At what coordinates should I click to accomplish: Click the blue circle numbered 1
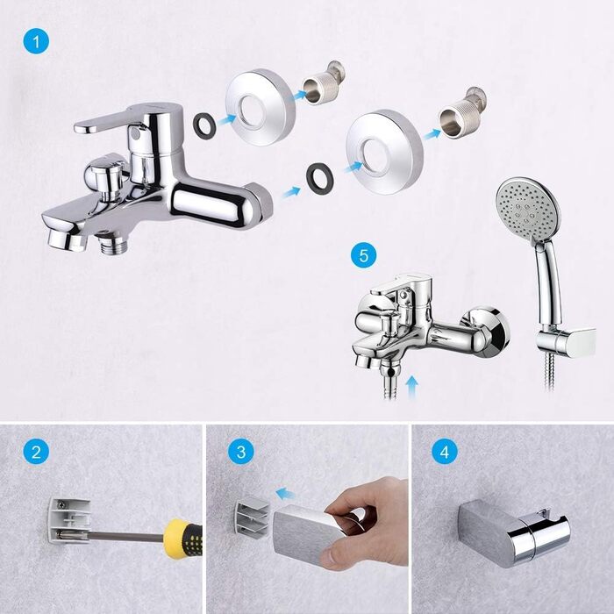point(37,41)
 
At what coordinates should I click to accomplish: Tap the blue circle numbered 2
point(37,452)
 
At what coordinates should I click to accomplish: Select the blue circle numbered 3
point(241,452)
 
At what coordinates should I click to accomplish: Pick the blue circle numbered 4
point(445,452)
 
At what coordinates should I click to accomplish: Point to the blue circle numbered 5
point(364,256)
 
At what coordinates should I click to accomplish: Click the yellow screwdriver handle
point(182,539)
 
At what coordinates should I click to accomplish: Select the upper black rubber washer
point(203,124)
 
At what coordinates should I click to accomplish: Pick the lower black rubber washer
point(318,178)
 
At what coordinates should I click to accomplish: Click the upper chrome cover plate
point(260,107)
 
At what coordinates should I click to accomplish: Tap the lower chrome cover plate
point(384,153)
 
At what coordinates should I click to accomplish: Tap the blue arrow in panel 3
point(286,493)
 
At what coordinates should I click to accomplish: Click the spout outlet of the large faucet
point(67,240)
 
